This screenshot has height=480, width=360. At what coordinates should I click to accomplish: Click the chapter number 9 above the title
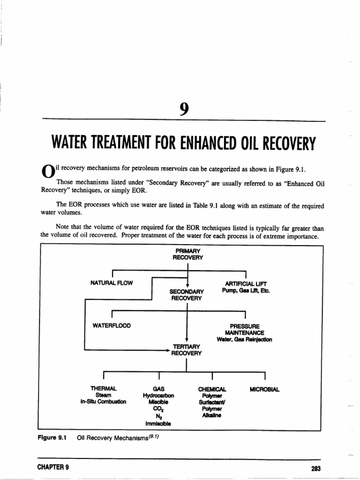(183, 109)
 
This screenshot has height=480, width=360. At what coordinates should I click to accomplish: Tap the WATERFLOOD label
(112, 325)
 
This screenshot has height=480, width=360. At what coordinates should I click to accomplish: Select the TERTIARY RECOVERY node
(186, 350)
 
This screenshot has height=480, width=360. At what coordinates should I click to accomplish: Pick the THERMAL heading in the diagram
(103, 389)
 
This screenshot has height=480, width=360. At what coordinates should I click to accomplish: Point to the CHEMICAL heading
(212, 389)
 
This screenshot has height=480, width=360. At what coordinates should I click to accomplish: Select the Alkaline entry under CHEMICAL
(212, 415)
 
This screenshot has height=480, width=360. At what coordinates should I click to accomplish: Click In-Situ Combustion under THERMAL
(103, 402)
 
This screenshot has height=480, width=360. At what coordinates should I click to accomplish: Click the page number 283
(315, 468)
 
